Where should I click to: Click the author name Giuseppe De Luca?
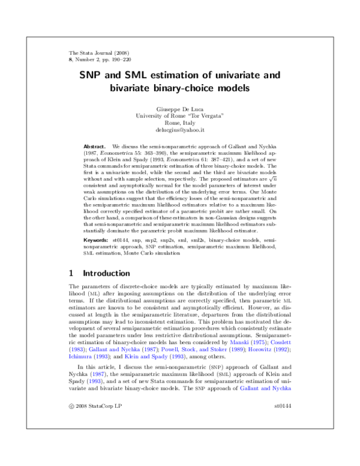coord(180,109)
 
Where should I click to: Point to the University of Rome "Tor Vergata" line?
coord(180,115)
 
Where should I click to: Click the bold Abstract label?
coord(94,146)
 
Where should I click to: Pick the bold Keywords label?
coord(96,256)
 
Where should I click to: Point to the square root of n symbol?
coord(272,194)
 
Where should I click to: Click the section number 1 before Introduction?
coord(72,289)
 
